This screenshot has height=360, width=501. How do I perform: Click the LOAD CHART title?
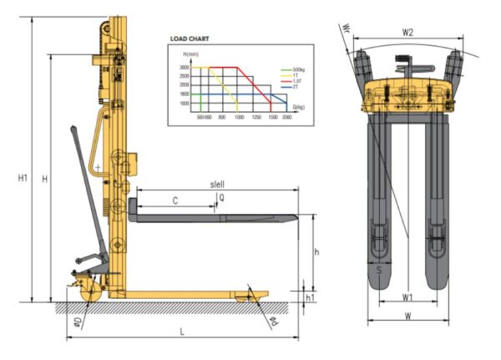tap(189, 38)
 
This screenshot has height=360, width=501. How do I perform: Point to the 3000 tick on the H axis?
tap(184, 67)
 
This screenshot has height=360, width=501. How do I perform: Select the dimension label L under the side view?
tap(181, 332)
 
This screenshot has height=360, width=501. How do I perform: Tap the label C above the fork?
tap(174, 200)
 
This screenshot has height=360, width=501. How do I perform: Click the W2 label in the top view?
tap(408, 33)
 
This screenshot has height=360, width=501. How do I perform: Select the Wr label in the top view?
tap(347, 33)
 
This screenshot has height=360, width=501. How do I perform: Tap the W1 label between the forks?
tap(407, 297)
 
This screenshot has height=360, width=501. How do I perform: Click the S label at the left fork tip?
tap(379, 271)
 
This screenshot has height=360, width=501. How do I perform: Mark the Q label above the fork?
tap(221, 198)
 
